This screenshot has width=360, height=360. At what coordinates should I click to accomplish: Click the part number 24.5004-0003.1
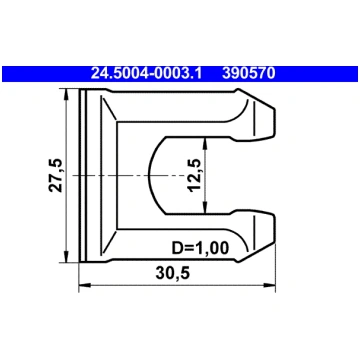[146, 73]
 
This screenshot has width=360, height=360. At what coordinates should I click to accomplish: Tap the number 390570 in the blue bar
[249, 73]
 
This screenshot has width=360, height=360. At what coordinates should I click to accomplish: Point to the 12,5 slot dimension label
[194, 175]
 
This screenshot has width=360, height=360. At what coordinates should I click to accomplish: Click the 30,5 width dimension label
[172, 274]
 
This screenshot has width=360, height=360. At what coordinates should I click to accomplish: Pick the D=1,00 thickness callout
[200, 248]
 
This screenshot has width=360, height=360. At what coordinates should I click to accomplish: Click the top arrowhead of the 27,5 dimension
[66, 94]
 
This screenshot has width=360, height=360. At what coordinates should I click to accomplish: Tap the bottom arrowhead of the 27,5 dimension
[66, 257]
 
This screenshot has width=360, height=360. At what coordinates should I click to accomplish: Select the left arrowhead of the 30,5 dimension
[85, 285]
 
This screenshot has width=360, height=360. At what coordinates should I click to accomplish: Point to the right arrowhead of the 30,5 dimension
[269, 285]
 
